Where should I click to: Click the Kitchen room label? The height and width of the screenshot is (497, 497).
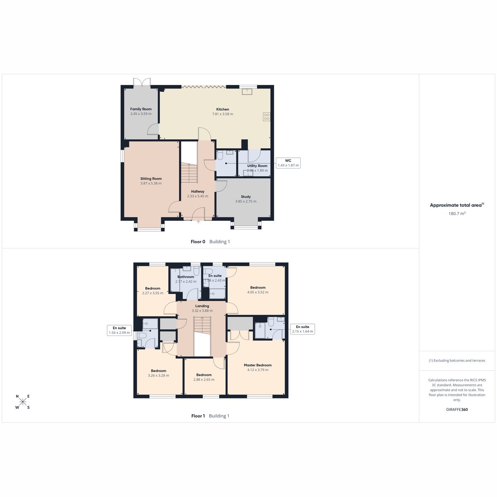[222, 109]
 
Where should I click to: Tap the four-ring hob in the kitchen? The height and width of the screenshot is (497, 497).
[266, 116]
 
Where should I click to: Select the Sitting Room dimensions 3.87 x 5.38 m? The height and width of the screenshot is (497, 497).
[151, 183]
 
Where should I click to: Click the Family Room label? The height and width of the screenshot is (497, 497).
[141, 109]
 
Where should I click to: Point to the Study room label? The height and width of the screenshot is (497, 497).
[246, 197]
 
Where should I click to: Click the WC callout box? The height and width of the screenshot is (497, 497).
[288, 163]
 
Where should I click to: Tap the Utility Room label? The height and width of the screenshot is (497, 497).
[257, 166]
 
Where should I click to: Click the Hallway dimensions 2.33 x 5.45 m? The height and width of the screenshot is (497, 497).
[198, 196]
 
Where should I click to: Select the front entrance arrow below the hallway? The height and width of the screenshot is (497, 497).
[198, 222]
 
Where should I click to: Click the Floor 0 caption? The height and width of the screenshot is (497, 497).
[198, 241]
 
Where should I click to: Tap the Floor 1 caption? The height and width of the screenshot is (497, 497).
[198, 416]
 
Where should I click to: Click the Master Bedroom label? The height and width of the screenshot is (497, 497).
[258, 365]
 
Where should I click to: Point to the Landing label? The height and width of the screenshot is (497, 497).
[202, 306]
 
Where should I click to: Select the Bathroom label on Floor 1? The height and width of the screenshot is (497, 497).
[186, 277]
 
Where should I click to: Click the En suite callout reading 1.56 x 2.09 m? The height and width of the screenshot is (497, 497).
[119, 330]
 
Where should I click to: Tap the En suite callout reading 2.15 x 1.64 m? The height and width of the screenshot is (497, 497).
[302, 329]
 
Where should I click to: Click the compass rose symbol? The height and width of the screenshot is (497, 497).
[23, 402]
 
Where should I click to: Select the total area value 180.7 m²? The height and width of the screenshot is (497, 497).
[457, 213]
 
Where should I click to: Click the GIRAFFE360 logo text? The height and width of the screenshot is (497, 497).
[457, 409]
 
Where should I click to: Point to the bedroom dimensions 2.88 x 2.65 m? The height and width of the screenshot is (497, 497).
[204, 379]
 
